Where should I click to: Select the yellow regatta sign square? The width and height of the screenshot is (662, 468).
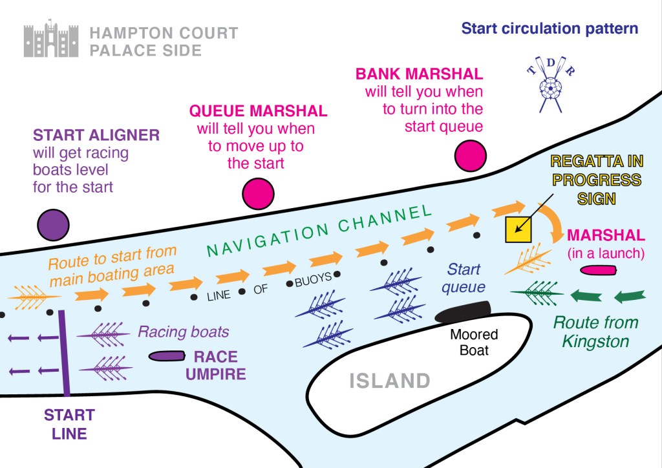click(518, 229)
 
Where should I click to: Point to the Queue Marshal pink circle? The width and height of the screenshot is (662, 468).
click(259, 193)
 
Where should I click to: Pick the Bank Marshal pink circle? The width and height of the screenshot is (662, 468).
click(470, 157)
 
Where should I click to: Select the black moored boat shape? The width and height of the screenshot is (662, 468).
click(463, 312)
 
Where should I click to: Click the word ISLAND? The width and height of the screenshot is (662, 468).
click(390, 381)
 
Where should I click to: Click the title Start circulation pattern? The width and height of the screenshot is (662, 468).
click(550, 29)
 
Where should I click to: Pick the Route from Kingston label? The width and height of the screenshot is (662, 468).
click(595, 332)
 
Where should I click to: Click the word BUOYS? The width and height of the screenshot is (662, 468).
click(314, 277)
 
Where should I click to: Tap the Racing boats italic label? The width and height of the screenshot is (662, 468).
click(183, 332)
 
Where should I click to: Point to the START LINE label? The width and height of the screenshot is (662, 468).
click(69, 423)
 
